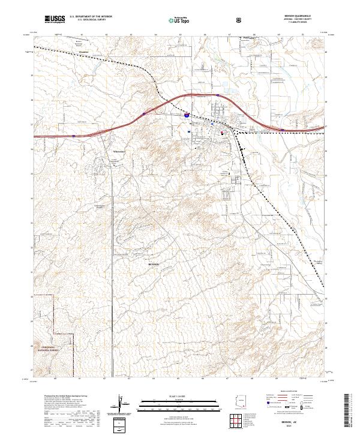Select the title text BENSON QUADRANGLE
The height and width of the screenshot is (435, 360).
[296, 16]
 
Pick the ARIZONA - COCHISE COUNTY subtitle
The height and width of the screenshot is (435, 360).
[296, 20]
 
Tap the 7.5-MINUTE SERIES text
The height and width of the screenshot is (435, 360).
[296, 23]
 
